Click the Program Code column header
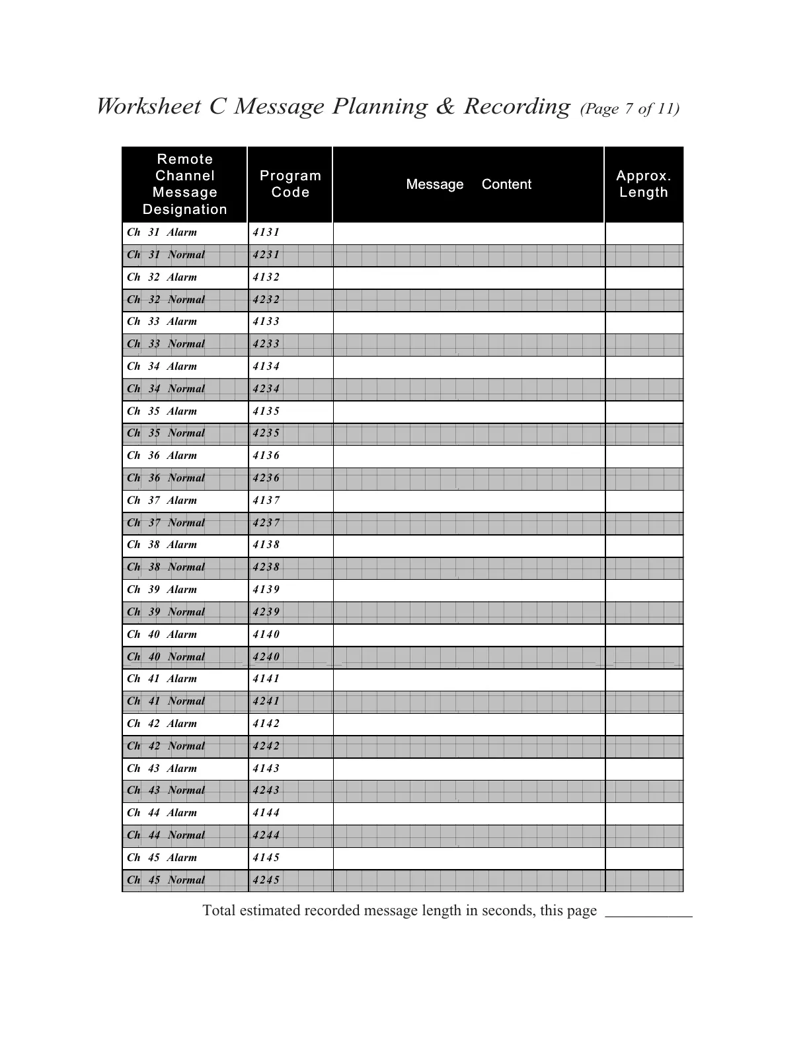point(290,184)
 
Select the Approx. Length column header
point(644,184)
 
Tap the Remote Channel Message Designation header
point(184,184)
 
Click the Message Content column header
point(468,184)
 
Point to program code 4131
point(266,232)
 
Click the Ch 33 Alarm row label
point(162,322)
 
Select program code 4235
point(266,433)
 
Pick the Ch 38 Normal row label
point(166,567)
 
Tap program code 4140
point(266,635)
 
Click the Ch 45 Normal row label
point(166,880)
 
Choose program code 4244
point(266,835)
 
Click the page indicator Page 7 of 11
point(629,109)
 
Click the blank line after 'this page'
point(649,911)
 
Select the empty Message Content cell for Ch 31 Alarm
point(469,233)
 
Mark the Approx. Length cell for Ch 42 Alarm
point(644,724)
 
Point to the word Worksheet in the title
point(149,106)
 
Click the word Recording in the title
point(516,106)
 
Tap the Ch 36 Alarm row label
point(162,456)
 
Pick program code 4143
point(266,769)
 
